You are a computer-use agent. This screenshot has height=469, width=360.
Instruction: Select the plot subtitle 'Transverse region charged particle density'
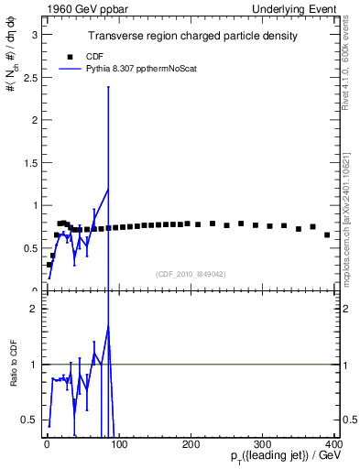pos(192,37)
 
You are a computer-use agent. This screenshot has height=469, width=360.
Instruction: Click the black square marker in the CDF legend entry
pos(70,56)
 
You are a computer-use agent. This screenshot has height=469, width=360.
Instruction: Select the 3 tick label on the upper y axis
pos(36,34)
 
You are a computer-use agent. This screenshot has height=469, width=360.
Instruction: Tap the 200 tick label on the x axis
pos(191,444)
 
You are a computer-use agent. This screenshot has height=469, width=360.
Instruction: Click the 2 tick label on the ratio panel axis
pos(36,309)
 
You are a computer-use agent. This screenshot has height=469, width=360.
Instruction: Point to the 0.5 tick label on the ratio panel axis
pos(32,420)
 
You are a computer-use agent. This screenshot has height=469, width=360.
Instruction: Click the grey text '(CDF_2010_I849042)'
pos(192,273)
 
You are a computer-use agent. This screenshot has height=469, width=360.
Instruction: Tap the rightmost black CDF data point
pos(327,234)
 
